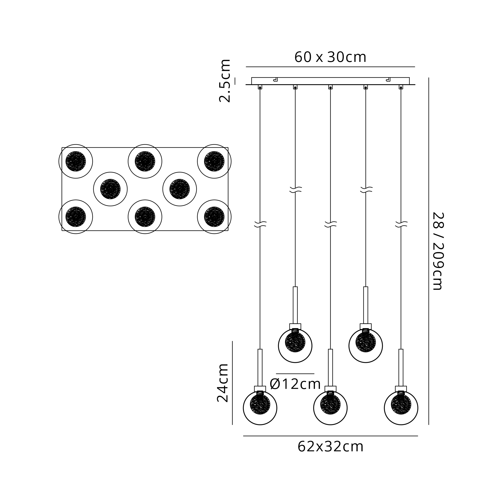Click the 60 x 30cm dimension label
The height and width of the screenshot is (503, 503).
(x=330, y=57)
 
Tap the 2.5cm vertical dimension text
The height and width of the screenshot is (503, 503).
(x=225, y=81)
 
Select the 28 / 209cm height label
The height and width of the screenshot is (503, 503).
(x=438, y=251)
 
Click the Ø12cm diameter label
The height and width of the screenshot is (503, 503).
(x=295, y=384)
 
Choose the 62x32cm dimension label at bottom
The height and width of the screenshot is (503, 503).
(x=330, y=447)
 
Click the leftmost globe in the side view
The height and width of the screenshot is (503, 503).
(x=260, y=408)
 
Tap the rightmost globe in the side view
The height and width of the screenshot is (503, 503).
(x=401, y=408)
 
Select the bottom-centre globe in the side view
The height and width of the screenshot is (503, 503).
(x=330, y=408)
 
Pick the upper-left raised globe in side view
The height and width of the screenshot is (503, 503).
(x=295, y=346)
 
